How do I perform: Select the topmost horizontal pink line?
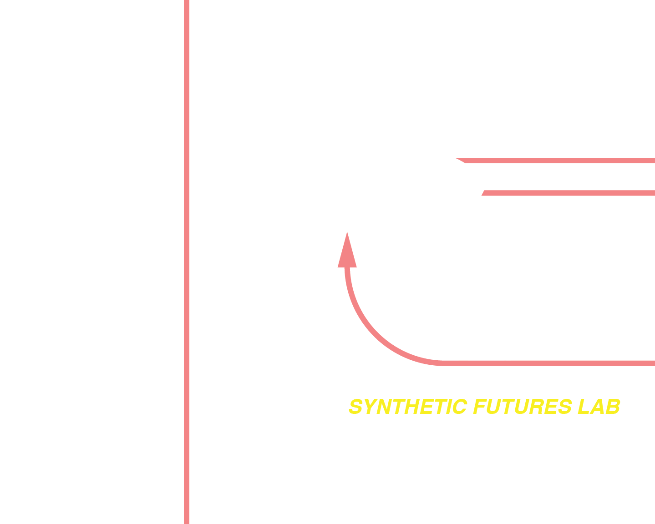560,161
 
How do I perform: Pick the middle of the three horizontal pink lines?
569,193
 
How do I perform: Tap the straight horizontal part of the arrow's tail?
546,363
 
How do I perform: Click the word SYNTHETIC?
408,407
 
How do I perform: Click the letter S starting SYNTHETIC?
356,407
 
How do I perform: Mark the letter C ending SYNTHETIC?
459,407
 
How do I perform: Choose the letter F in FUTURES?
479,407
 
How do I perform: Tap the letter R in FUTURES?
538,407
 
